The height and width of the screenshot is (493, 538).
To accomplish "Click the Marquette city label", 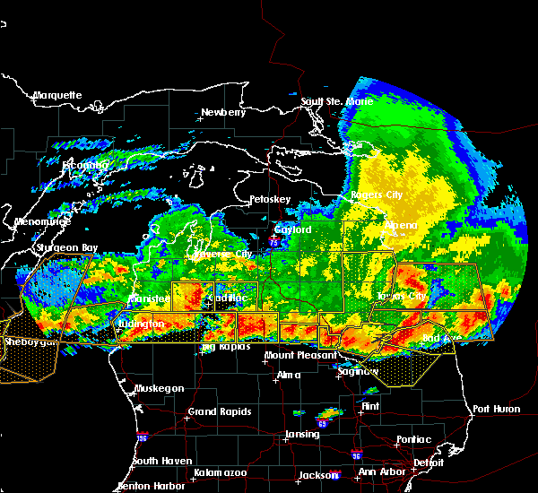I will pyautogui.click(x=57, y=95).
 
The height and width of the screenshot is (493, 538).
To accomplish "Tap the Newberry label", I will pyautogui.click(x=222, y=112).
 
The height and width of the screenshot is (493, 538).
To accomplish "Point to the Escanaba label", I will pyautogui.click(x=84, y=165).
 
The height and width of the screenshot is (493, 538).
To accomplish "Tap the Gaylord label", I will pyautogui.click(x=292, y=229).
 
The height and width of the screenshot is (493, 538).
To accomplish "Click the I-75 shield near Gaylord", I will pyautogui.click(x=273, y=241).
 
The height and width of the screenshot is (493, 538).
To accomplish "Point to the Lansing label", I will pyautogui.click(x=302, y=435).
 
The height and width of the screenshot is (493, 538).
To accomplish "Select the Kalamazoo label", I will pyautogui.click(x=220, y=472).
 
